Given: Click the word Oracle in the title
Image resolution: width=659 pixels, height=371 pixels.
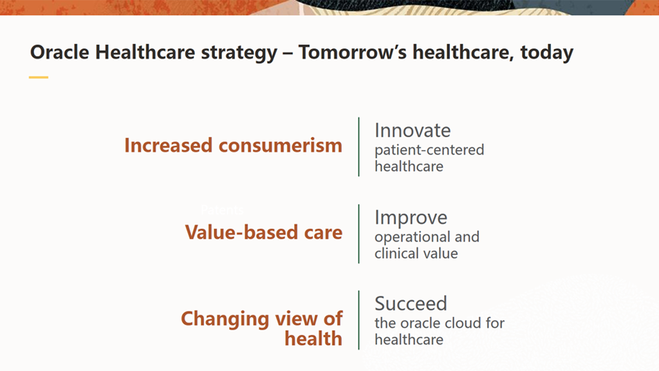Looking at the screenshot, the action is pos(60,53).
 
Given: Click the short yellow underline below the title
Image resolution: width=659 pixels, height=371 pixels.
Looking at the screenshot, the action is pos(39,77).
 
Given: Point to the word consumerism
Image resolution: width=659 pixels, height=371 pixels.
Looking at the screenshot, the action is pos(281,146).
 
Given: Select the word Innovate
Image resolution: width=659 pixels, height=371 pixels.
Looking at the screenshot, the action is pos(413,130).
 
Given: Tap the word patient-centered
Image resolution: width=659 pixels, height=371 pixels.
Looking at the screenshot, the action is pos(429,149).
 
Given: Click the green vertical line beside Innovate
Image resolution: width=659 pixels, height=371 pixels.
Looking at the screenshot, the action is pos(358,147).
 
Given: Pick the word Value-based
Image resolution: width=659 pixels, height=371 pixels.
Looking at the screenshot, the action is pos(242,232).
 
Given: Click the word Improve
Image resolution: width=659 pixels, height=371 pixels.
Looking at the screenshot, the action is pos(411,218).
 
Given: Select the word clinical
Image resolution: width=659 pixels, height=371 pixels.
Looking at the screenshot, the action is pos(398,253).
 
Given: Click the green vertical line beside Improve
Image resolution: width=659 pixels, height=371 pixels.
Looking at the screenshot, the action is pos(358,234).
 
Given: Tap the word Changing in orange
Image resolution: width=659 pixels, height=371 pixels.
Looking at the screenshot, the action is pos(225,319).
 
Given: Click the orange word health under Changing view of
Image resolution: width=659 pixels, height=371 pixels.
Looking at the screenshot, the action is pos(313,339).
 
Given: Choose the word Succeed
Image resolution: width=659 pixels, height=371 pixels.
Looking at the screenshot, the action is pos(411,304).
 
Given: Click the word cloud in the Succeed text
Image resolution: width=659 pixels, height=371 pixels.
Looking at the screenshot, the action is pos(461,323).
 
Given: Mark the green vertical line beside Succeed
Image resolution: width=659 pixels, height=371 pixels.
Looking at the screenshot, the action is pos(358,320).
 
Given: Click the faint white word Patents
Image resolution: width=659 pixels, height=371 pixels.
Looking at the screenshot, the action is pos(222,209).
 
